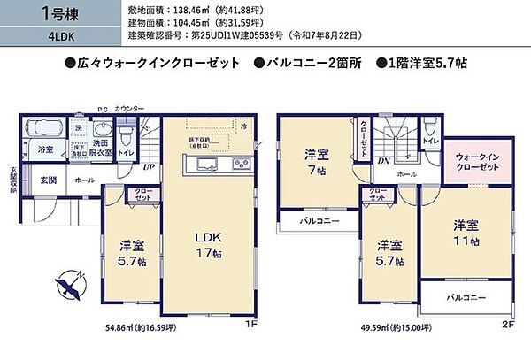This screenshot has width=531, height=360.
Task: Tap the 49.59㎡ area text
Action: (395, 327)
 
